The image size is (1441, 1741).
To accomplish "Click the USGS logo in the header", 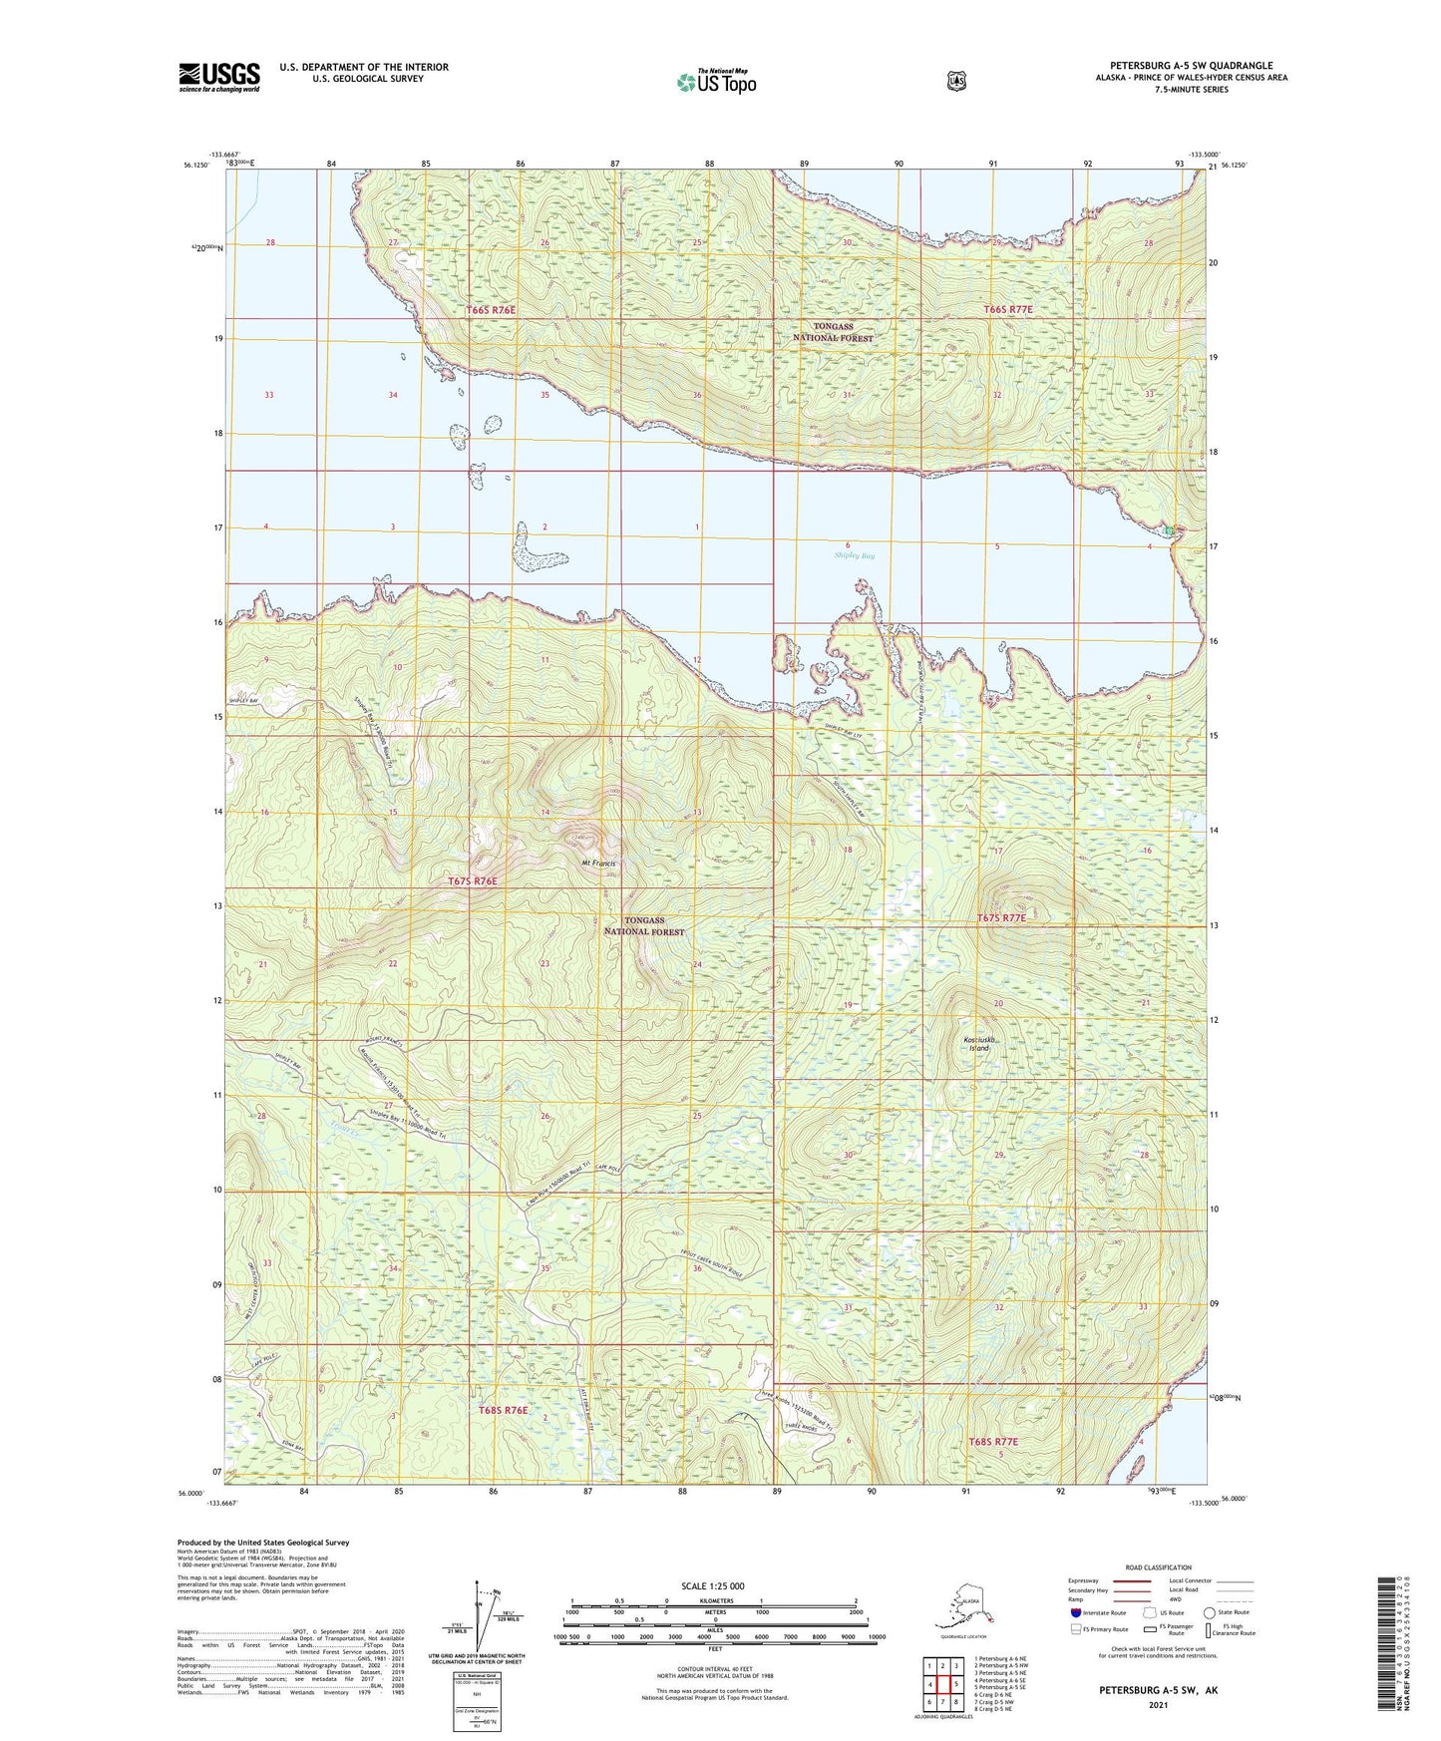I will (219, 77).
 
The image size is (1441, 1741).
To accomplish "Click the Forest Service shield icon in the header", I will (956, 81).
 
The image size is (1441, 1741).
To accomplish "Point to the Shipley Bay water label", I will (855, 555).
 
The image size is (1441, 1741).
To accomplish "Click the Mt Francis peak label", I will (598, 863).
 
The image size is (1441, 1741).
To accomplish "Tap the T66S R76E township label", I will (491, 310).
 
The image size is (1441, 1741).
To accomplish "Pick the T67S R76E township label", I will (471, 881).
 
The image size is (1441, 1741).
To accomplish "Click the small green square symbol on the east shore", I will (1169, 530).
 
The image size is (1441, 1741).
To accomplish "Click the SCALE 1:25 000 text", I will (712, 1586).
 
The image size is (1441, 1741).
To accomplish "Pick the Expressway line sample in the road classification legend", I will (1131, 1580).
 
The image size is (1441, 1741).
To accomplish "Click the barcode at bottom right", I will (1384, 1655).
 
